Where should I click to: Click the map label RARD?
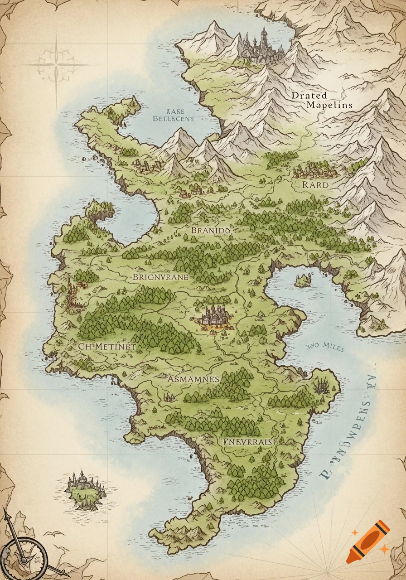click(x=315, y=185)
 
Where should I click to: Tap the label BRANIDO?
click(x=211, y=230)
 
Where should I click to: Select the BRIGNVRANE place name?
click(x=160, y=277)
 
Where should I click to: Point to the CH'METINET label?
click(x=107, y=346)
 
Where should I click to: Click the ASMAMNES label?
click(x=193, y=379)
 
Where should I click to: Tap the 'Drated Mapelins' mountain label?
click(x=322, y=100)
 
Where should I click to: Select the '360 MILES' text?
click(x=325, y=348)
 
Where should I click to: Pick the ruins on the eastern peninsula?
click(x=323, y=386)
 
